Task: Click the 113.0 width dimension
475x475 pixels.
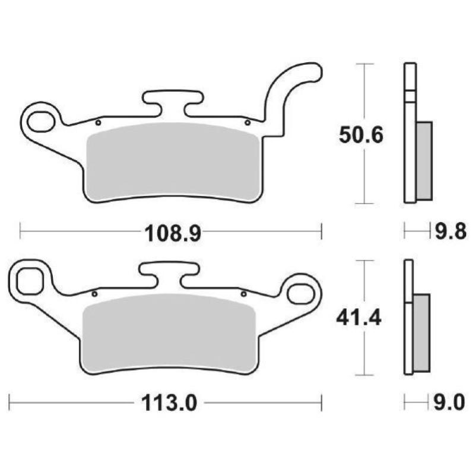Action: [169, 404]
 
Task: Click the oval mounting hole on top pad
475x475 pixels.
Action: [40, 122]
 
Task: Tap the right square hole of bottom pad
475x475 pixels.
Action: [301, 292]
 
